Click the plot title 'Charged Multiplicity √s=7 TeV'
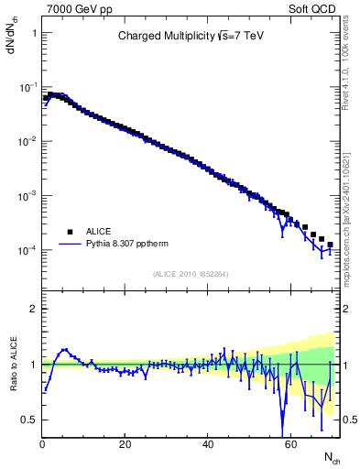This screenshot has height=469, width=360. [191, 38]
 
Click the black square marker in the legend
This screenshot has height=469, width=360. [70, 232]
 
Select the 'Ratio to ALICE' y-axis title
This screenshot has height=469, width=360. [12, 365]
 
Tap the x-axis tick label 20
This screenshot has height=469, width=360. [125, 444]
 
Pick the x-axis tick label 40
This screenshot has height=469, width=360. [208, 444]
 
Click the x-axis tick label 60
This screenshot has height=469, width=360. [290, 444]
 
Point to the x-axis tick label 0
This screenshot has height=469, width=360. [42, 444]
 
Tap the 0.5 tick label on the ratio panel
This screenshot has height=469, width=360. [28, 420]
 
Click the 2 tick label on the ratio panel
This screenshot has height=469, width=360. [33, 309]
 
